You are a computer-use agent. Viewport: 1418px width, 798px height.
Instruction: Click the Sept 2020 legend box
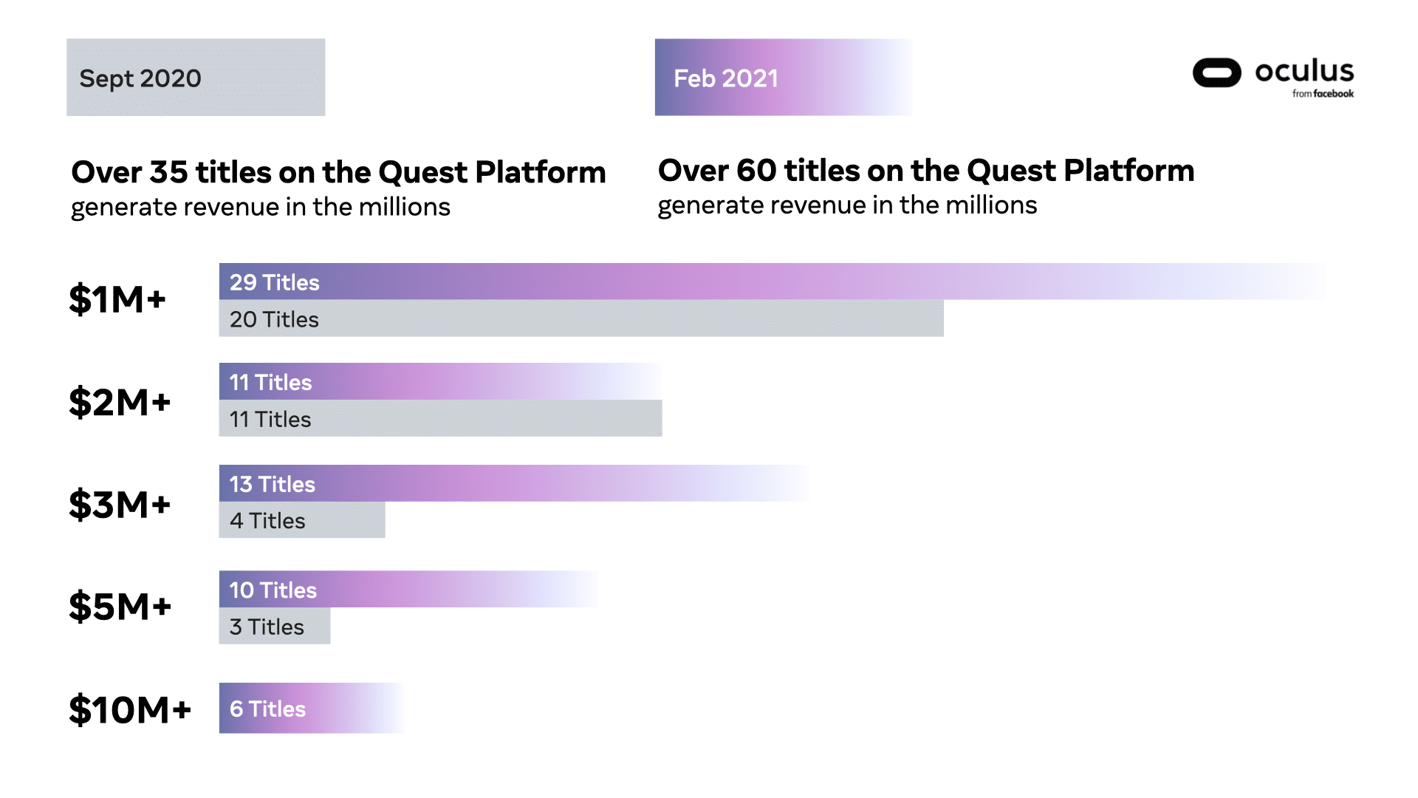195,78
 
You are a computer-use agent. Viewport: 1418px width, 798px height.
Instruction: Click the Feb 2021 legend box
783,78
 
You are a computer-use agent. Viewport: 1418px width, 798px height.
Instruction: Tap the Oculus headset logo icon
1216,72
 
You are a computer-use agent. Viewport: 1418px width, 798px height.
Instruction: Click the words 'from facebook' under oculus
1322,94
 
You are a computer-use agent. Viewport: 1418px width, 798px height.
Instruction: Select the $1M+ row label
117,300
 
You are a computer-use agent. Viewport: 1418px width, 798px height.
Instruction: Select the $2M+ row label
120,403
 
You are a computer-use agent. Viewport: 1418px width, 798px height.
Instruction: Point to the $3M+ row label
120,505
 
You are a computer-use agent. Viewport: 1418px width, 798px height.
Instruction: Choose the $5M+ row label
120,607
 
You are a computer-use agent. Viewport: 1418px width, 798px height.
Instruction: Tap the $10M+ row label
130,710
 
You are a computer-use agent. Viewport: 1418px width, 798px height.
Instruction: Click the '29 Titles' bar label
274,282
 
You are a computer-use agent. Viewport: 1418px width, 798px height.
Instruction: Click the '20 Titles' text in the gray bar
274,319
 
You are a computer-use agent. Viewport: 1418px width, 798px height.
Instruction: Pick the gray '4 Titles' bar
301,521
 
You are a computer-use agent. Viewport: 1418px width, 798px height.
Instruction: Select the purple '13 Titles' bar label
272,484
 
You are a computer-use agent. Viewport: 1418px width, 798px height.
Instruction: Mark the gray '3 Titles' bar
274,627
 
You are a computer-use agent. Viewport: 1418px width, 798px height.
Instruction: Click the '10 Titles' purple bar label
273,590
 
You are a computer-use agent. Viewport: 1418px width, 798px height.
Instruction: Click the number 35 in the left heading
168,172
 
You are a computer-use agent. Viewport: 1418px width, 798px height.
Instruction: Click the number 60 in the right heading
756,171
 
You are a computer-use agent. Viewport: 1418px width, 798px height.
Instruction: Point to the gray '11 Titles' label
270,419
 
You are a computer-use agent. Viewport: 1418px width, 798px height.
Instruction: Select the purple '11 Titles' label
270,382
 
